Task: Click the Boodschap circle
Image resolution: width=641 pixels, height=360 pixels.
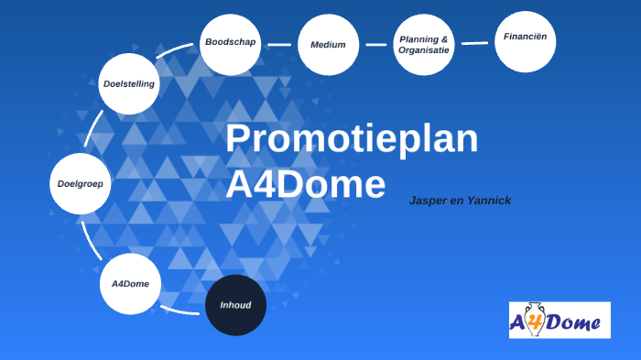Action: pyautogui.click(x=230, y=44)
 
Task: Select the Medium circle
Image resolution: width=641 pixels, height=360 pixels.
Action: pyautogui.click(x=328, y=44)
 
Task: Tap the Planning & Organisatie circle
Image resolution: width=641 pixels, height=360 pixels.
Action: pyautogui.click(x=424, y=44)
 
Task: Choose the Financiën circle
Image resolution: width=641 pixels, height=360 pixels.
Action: pyautogui.click(x=526, y=40)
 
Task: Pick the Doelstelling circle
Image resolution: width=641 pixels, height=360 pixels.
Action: pyautogui.click(x=129, y=83)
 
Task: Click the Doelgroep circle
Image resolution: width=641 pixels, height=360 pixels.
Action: pyautogui.click(x=80, y=183)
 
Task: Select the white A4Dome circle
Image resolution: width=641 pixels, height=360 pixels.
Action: pyautogui.click(x=130, y=284)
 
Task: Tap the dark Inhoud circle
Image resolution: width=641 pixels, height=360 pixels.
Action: pyautogui.click(x=235, y=305)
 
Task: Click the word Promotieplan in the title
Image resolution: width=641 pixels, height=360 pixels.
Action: pyautogui.click(x=352, y=139)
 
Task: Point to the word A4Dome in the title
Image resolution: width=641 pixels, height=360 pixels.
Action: pyautogui.click(x=305, y=185)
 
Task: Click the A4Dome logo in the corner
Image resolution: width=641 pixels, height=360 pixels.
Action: pyautogui.click(x=559, y=320)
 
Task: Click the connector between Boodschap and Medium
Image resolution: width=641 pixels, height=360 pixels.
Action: pyautogui.click(x=279, y=44)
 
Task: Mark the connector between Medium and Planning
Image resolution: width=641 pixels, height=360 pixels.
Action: pyautogui.click(x=375, y=44)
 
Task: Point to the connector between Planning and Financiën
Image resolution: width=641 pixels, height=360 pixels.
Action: pyautogui.click(x=474, y=42)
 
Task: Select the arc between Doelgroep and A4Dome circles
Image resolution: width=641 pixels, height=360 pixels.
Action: pyautogui.click(x=92, y=237)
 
